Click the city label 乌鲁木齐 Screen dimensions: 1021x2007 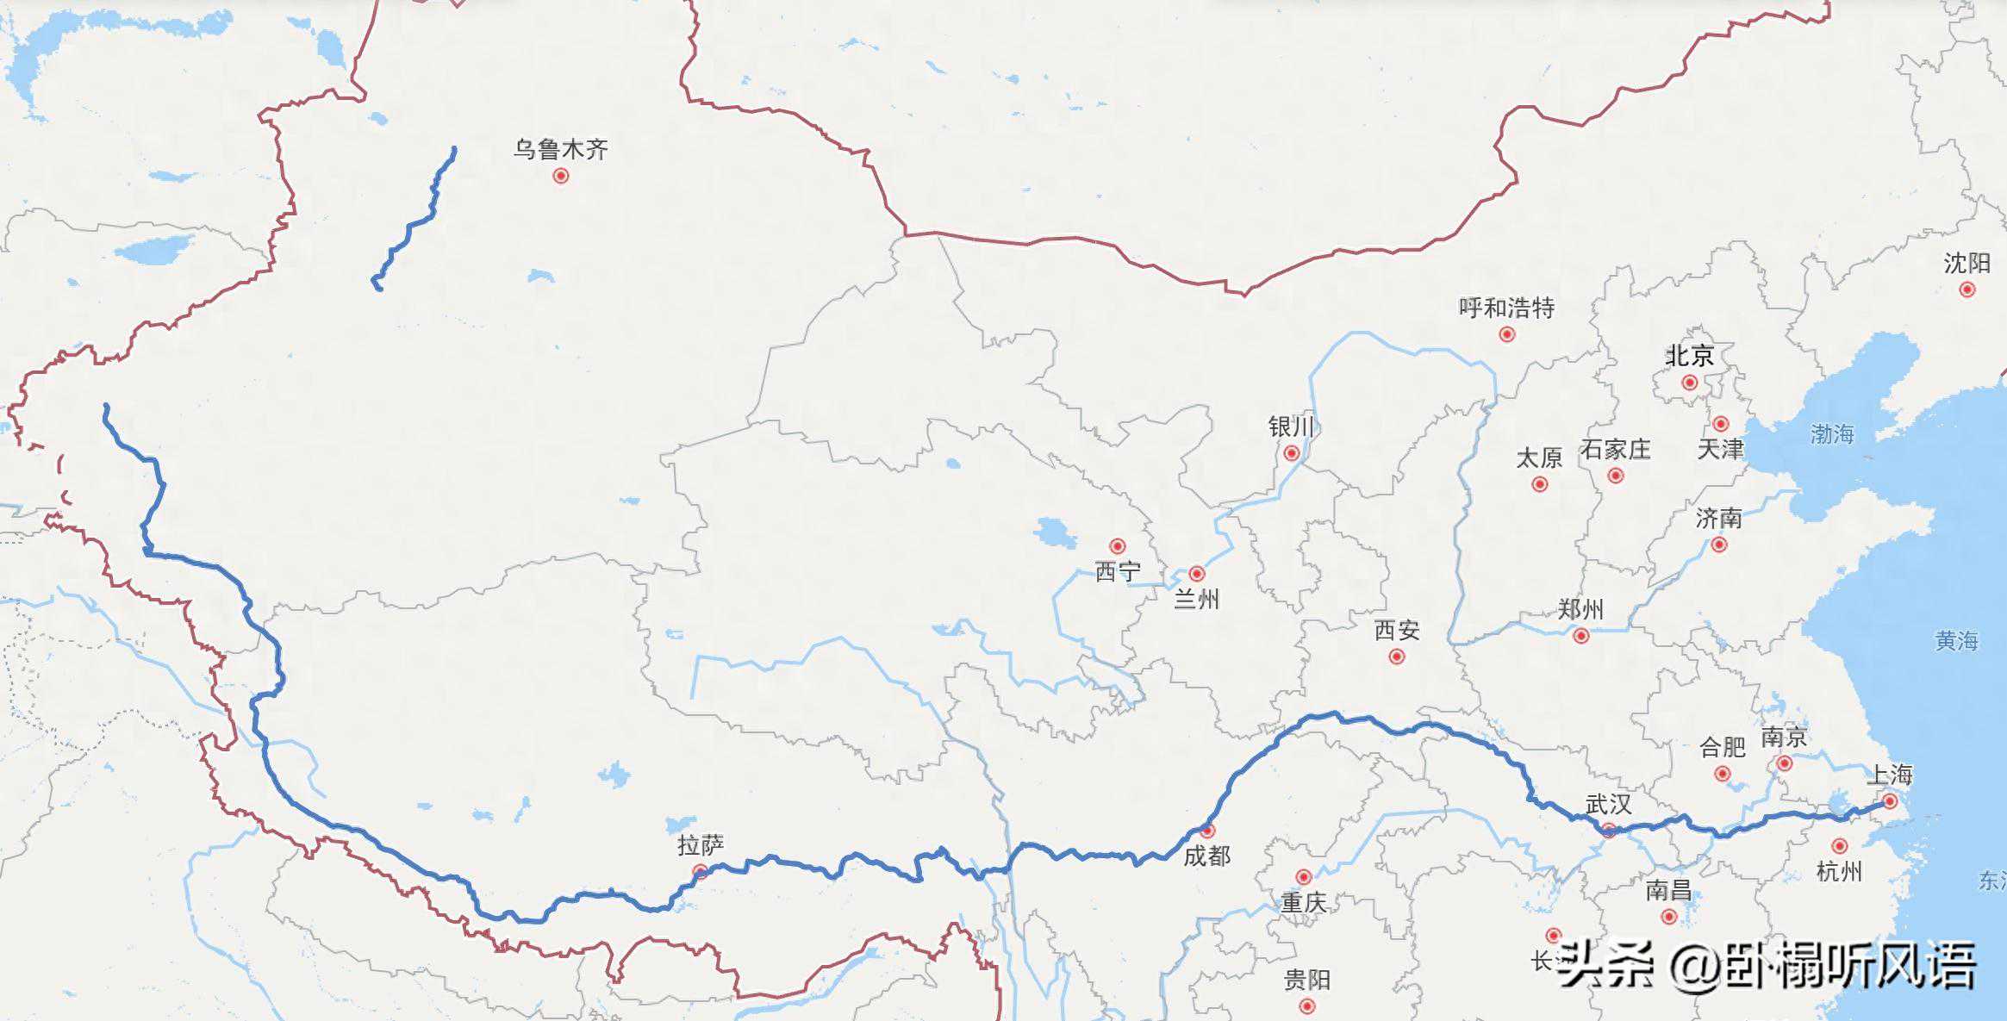click(561, 150)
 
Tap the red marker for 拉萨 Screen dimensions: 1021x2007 click(700, 871)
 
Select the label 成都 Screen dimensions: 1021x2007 click(1206, 856)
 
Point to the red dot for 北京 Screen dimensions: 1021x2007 click(1689, 382)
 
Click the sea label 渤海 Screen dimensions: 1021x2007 click(1831, 433)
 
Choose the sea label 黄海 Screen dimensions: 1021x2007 click(1956, 640)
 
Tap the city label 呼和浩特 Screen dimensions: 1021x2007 click(1506, 308)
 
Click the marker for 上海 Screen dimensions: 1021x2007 click(1889, 800)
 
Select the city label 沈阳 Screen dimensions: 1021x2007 click(1966, 263)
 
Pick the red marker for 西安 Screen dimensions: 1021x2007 click(1397, 657)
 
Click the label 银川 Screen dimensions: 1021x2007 click(1291, 426)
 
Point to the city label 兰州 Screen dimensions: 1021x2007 click(1196, 599)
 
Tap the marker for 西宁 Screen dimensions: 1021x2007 click(1118, 545)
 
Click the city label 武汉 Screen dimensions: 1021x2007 click(1608, 804)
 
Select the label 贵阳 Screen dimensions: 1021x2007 click(1307, 980)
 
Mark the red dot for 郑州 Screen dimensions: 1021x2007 click(1580, 636)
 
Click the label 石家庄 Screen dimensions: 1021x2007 click(1615, 449)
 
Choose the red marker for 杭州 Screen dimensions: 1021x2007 click(1839, 846)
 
